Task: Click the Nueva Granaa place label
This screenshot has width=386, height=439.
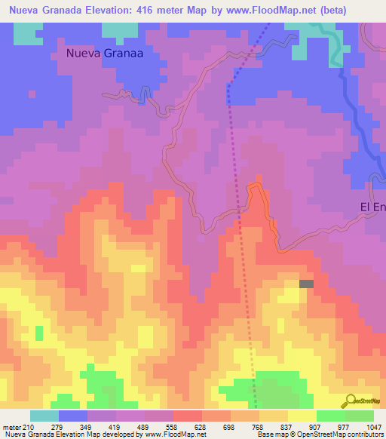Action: click(105, 54)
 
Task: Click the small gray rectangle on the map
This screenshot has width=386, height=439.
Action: click(306, 284)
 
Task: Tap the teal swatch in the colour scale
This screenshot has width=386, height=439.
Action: click(44, 416)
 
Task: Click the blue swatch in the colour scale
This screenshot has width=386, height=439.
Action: click(73, 416)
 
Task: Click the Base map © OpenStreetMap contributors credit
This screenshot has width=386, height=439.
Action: click(319, 434)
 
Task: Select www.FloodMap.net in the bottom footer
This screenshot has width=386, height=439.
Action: click(173, 434)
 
